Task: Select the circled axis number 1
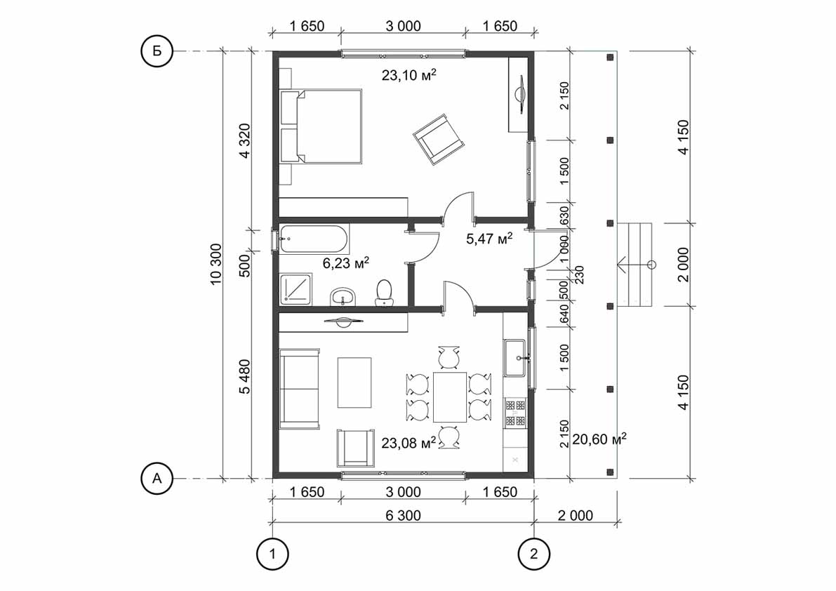[272, 554]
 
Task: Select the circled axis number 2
[534, 554]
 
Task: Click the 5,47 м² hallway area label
[489, 239]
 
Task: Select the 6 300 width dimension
[403, 516]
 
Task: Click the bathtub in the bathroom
[314, 239]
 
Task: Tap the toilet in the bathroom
[384, 291]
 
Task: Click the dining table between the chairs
[450, 397]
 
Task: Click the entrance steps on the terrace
[635, 264]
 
